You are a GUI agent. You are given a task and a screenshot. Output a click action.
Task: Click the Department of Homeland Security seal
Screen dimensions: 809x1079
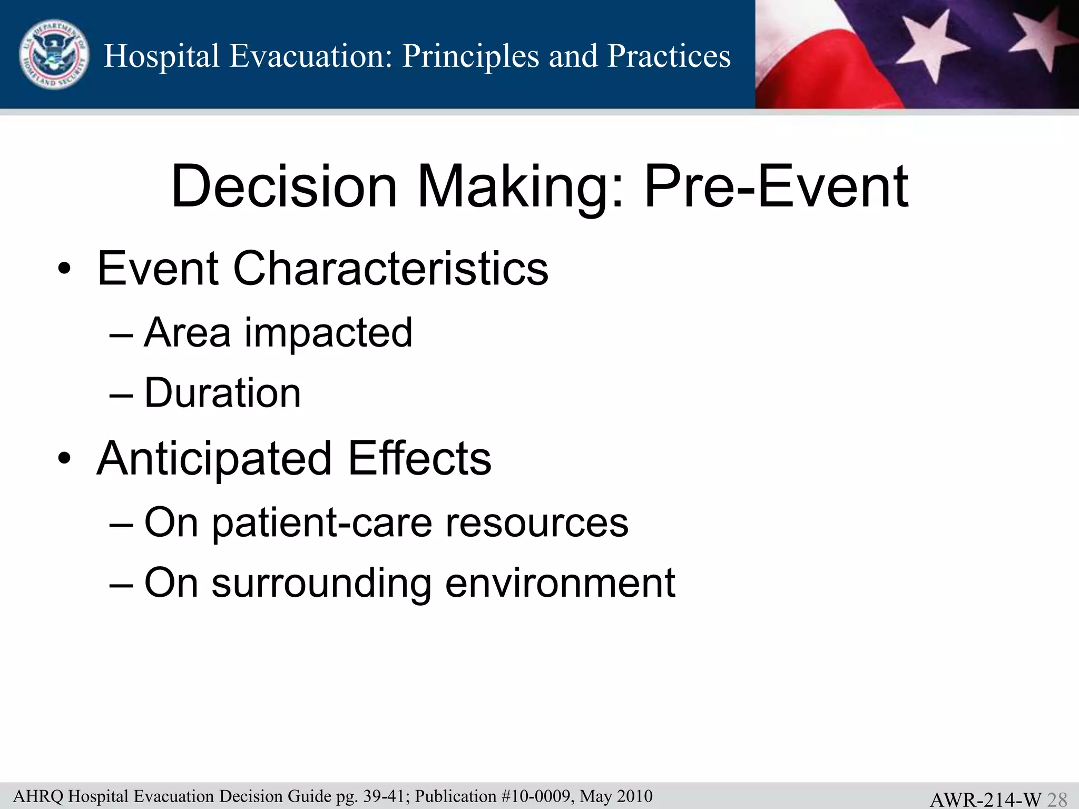tap(54, 55)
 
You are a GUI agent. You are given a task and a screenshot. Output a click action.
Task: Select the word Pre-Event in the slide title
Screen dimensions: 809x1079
tap(776, 186)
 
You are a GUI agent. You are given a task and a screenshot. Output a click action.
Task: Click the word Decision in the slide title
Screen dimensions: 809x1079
tap(284, 186)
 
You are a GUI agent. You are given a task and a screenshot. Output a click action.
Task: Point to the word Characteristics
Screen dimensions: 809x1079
tap(390, 269)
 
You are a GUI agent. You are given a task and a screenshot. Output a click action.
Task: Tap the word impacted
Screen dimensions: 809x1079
tap(328, 333)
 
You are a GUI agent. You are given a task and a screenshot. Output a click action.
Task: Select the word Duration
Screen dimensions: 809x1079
tap(222, 393)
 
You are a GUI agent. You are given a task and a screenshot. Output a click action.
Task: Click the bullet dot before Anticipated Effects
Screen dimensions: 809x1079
tap(64, 458)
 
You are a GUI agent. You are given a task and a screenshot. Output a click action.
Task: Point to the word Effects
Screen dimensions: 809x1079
tap(419, 458)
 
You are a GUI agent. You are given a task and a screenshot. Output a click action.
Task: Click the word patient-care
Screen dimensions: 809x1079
tap(321, 523)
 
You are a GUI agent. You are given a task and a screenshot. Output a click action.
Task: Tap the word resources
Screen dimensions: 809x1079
tap(537, 523)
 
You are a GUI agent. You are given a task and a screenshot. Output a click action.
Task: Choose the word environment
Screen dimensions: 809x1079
tap(560, 583)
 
